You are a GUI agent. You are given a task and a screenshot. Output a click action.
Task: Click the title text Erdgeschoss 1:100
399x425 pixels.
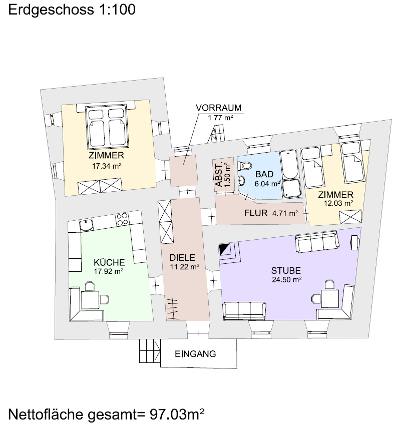click(x=72, y=10)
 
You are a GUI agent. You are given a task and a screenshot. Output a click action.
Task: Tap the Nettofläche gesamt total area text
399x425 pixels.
click(x=106, y=414)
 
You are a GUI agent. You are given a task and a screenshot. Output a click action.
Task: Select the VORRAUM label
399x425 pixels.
click(x=219, y=108)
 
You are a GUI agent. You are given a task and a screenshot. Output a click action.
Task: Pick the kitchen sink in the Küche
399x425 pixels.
click(x=86, y=225)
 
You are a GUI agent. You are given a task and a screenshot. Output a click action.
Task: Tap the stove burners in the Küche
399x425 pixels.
click(x=122, y=219)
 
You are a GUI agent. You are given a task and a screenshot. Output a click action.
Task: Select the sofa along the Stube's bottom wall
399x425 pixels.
click(x=244, y=310)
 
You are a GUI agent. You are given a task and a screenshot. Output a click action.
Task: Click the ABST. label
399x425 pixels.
click(x=219, y=174)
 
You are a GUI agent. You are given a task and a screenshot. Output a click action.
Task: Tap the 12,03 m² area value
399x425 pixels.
click(x=339, y=203)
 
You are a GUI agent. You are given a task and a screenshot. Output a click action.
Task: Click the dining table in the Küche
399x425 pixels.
click(x=90, y=299)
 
